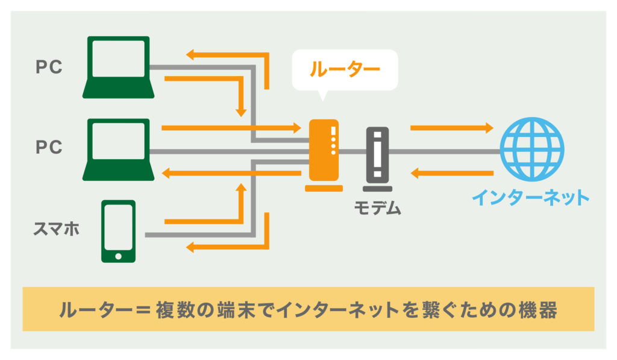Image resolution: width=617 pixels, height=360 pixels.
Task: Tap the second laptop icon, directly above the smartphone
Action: [x=118, y=149]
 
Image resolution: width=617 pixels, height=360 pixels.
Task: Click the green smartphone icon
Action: [x=118, y=231]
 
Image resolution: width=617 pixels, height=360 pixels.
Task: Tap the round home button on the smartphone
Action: [x=118, y=256]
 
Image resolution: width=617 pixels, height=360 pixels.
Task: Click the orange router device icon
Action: [x=324, y=151]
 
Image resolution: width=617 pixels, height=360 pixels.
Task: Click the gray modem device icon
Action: [x=377, y=154]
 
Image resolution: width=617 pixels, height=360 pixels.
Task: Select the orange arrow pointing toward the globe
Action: [x=451, y=128]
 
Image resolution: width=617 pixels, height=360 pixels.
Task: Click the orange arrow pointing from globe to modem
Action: [x=451, y=174]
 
